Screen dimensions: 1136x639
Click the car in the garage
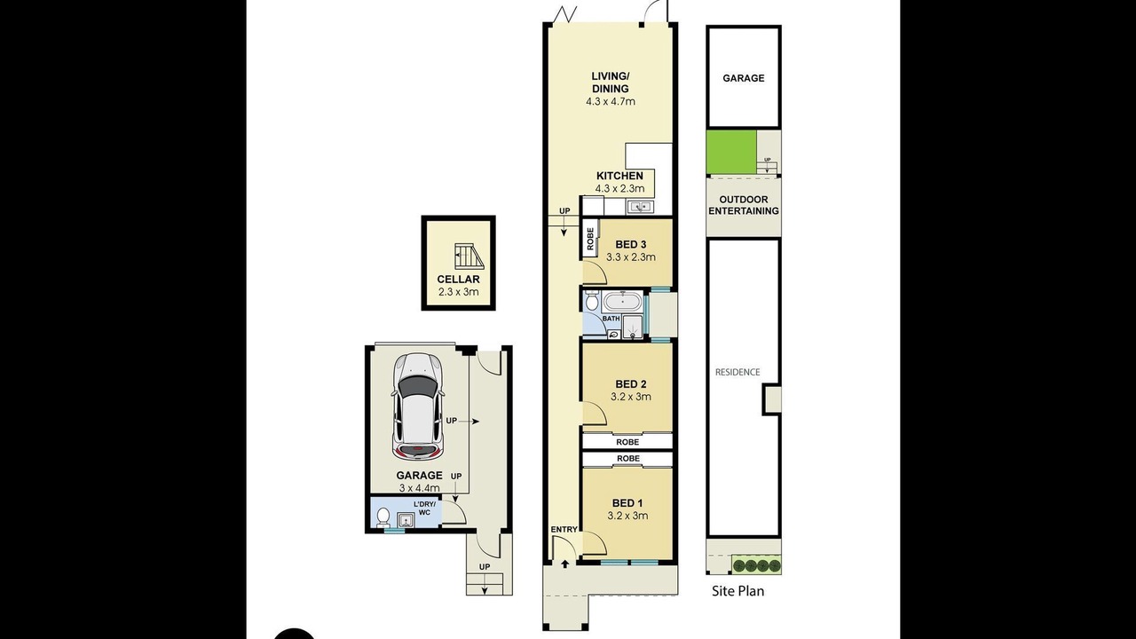[418, 406]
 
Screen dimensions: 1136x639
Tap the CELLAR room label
[459, 280]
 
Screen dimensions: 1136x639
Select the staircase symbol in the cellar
[469, 257]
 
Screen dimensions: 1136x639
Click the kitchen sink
[641, 207]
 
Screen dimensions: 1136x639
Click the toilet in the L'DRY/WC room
[383, 517]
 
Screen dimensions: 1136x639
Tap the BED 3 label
[631, 244]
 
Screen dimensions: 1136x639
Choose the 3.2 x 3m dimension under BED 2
[630, 397]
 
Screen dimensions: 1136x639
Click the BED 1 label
[627, 503]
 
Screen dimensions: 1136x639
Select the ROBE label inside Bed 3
[590, 239]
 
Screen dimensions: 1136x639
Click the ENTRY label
[564, 530]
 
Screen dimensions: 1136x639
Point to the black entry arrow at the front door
[565, 564]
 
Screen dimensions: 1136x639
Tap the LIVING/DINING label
[611, 83]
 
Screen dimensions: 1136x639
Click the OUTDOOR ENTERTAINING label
[744, 205]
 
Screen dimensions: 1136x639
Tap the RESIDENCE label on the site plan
[738, 372]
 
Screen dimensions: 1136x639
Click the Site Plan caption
[738, 591]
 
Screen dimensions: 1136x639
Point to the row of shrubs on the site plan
[755, 565]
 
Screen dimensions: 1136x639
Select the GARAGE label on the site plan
[744, 78]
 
